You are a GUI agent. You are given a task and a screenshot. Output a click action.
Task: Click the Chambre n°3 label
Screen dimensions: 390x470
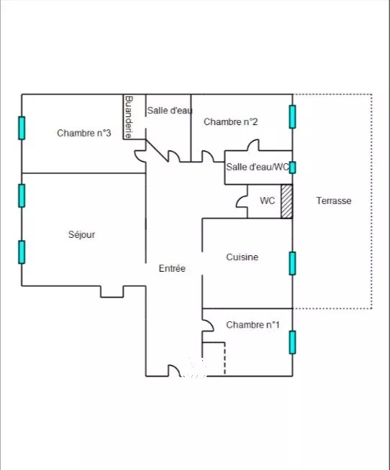pyautogui.click(x=84, y=133)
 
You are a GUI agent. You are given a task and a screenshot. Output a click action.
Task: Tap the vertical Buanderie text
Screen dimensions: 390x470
pyautogui.click(x=129, y=117)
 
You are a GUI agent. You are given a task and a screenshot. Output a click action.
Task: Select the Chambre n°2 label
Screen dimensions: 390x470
pyautogui.click(x=230, y=121)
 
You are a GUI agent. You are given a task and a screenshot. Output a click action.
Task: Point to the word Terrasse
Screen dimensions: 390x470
pyautogui.click(x=334, y=201)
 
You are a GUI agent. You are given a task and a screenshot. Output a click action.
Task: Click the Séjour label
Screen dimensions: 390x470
pyautogui.click(x=81, y=234)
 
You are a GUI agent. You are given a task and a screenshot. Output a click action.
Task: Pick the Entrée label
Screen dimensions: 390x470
pyautogui.click(x=172, y=268)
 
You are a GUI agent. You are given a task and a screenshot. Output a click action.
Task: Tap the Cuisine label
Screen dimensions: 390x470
pyautogui.click(x=242, y=257)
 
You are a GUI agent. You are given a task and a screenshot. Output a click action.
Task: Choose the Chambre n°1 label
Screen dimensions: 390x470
pyautogui.click(x=253, y=325)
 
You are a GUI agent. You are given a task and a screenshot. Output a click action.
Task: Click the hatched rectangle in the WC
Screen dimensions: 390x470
pyautogui.click(x=286, y=201)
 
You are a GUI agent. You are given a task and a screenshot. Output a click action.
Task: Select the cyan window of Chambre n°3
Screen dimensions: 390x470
pyautogui.click(x=22, y=128)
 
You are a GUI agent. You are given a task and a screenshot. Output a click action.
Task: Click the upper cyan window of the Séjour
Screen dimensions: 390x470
pyautogui.click(x=22, y=195)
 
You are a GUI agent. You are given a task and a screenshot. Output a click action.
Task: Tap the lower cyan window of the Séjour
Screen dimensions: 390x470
pyautogui.click(x=22, y=252)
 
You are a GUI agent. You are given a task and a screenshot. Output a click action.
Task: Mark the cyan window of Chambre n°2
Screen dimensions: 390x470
pyautogui.click(x=292, y=116)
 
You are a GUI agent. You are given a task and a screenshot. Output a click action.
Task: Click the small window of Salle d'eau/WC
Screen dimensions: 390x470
pyautogui.click(x=292, y=167)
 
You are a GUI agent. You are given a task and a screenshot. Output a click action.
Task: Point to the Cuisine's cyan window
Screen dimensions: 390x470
pyautogui.click(x=292, y=264)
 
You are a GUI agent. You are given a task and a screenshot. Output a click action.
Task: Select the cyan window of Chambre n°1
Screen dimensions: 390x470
pyautogui.click(x=292, y=342)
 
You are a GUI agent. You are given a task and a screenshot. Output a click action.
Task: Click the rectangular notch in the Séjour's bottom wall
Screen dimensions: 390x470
pyautogui.click(x=112, y=297)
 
